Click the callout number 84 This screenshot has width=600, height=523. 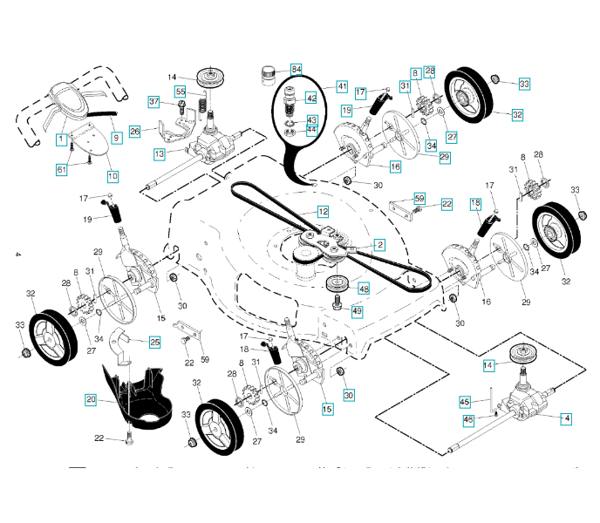297,69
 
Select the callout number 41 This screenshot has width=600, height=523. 341,86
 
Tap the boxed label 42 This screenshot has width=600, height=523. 311,99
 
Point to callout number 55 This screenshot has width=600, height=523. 181,92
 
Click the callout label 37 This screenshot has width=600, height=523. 154,102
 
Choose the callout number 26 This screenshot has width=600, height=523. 134,132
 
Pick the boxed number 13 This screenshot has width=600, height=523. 160,153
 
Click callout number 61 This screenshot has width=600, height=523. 61,169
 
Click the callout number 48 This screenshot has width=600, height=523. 363,289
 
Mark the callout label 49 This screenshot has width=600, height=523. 357,310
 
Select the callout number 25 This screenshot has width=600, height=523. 154,342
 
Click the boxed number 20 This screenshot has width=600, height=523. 91,399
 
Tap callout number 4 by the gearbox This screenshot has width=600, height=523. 568,418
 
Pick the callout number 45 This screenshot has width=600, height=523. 465,402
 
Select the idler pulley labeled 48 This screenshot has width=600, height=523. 336,285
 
